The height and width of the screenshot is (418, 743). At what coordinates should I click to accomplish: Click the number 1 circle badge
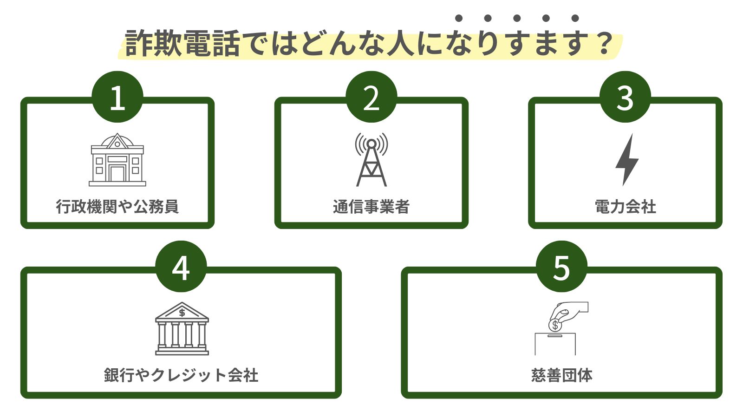pyautogui.click(x=117, y=97)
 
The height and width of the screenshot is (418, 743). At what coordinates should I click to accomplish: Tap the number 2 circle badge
pyautogui.click(x=371, y=97)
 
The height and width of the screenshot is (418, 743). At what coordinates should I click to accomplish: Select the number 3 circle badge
pyautogui.click(x=625, y=97)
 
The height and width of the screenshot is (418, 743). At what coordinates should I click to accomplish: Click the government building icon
pyautogui.click(x=117, y=160)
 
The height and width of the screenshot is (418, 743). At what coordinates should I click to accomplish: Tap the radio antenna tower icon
pyautogui.click(x=371, y=160)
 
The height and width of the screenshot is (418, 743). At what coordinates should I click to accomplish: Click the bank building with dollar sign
pyautogui.click(x=182, y=329)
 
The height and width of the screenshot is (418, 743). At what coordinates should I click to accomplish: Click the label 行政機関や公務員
pyautogui.click(x=117, y=206)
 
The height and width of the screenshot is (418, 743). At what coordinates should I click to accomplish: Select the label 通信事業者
pyautogui.click(x=371, y=206)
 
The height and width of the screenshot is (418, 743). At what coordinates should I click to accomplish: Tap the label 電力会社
pyautogui.click(x=625, y=206)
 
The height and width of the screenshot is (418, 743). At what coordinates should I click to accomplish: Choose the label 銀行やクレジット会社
pyautogui.click(x=181, y=375)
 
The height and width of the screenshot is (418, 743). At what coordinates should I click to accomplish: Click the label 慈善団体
pyautogui.click(x=561, y=375)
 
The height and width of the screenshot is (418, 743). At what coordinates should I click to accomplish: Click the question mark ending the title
pyautogui.click(x=604, y=44)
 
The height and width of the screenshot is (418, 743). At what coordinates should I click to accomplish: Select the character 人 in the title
pyautogui.click(x=400, y=44)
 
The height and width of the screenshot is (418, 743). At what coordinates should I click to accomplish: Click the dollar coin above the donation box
pyautogui.click(x=555, y=325)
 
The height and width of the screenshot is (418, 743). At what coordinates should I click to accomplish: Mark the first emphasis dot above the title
pyautogui.click(x=459, y=18)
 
